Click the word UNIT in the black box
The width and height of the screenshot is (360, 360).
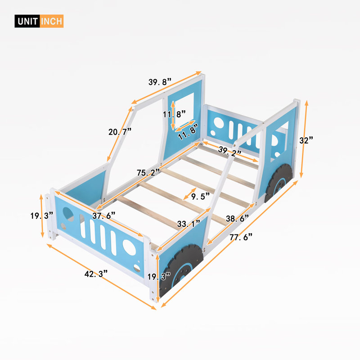(x=27, y=21)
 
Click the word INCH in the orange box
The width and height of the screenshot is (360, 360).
(x=52, y=21)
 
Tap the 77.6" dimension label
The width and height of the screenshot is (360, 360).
(x=241, y=237)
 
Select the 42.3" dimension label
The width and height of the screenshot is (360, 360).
(x=96, y=274)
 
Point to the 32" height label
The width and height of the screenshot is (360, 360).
(x=306, y=140)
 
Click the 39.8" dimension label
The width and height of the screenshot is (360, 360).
(x=160, y=82)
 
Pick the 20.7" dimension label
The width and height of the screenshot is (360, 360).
(x=120, y=132)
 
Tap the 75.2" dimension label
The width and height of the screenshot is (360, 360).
(x=148, y=172)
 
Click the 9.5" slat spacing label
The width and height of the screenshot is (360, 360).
(x=200, y=197)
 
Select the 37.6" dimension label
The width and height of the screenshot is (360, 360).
(x=104, y=216)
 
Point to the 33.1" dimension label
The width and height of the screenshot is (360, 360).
(x=189, y=223)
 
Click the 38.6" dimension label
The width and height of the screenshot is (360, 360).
(x=238, y=218)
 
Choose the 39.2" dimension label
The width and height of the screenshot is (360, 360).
(x=230, y=151)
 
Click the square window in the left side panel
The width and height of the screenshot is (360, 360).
(x=184, y=111)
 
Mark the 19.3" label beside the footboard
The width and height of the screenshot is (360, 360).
(x=42, y=216)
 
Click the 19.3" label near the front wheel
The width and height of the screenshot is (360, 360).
(x=159, y=276)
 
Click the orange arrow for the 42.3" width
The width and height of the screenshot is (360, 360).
(x=102, y=277)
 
